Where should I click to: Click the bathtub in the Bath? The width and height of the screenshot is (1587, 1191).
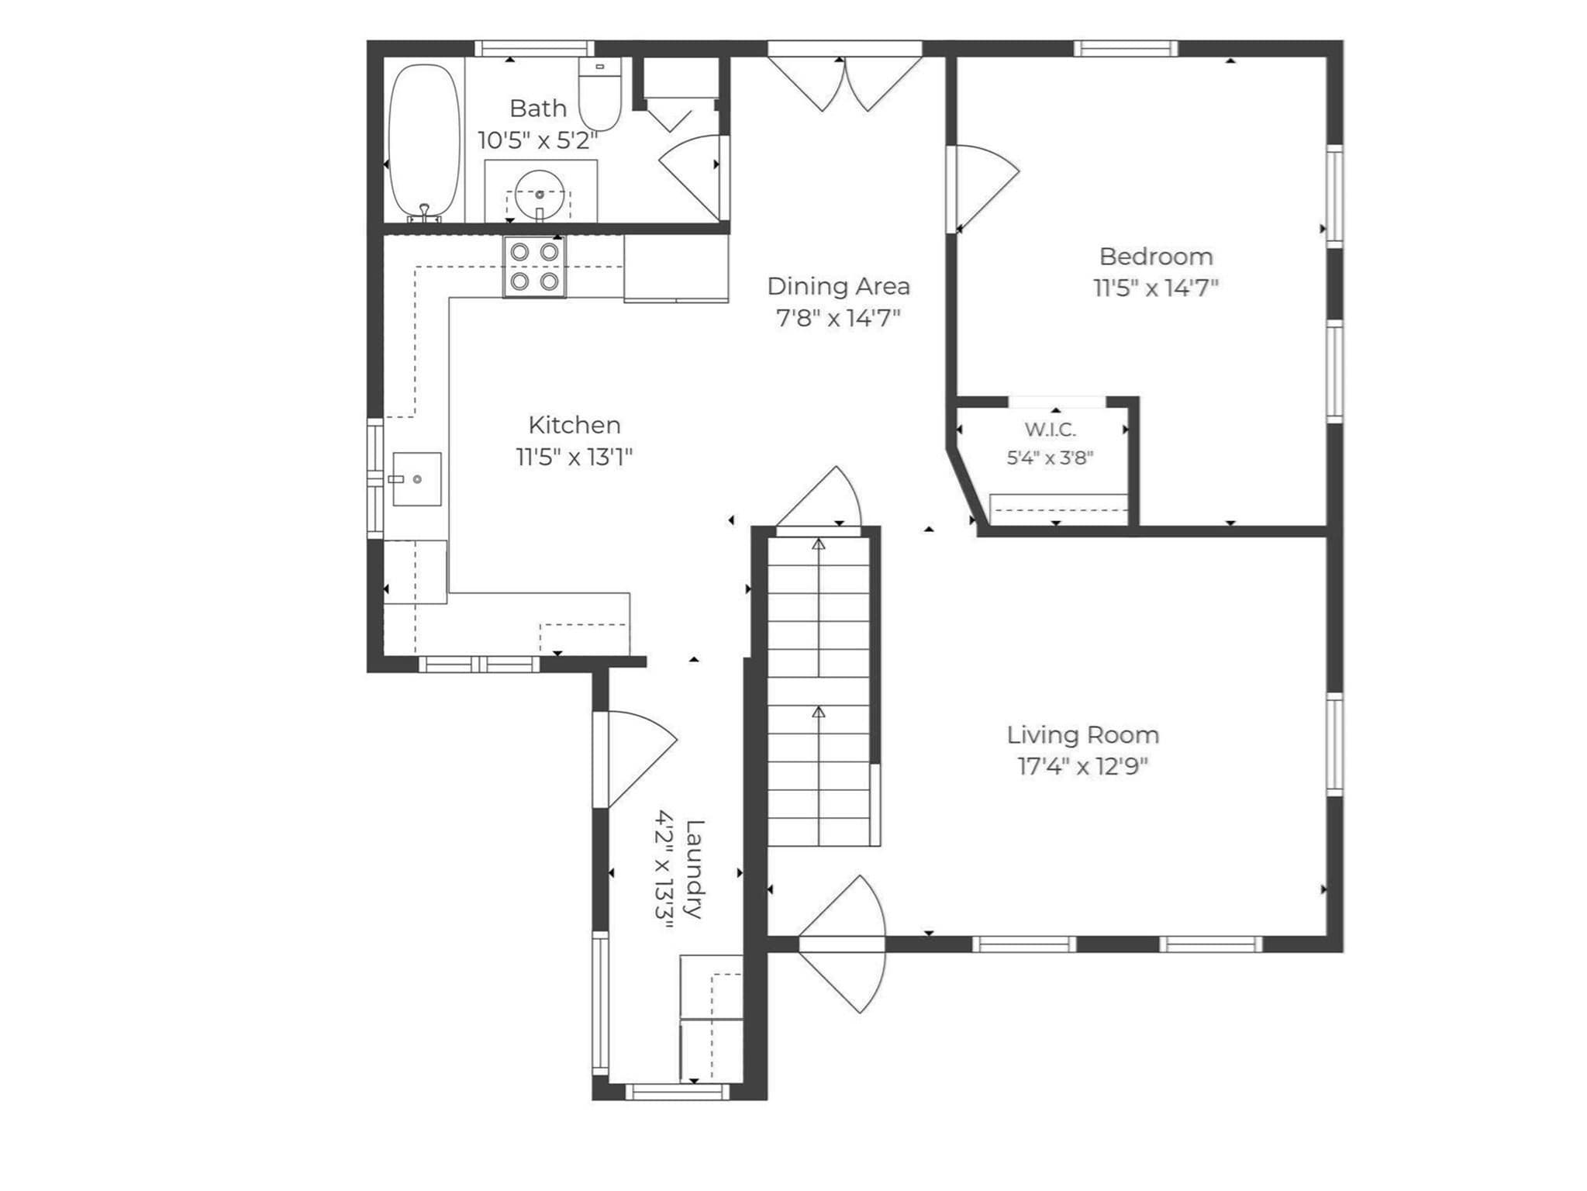[423, 140]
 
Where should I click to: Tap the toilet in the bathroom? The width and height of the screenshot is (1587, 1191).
[600, 95]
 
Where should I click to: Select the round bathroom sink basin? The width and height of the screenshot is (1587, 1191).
[539, 193]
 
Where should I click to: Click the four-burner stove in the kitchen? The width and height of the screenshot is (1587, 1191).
[534, 267]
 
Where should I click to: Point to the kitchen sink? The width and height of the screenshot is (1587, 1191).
[416, 479]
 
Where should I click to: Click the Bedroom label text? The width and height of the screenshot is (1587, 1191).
[1155, 257]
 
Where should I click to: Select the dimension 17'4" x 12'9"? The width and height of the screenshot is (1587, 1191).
[1082, 766]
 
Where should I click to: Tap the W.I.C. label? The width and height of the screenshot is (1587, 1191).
[1050, 429]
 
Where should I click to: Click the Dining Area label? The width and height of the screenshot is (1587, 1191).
[838, 286]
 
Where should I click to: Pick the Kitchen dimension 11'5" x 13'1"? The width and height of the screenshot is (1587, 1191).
[574, 457]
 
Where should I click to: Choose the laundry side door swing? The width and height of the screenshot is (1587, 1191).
[640, 759]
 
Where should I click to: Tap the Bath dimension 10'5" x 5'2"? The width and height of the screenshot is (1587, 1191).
[538, 140]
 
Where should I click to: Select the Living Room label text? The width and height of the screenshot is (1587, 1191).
[1082, 735]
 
